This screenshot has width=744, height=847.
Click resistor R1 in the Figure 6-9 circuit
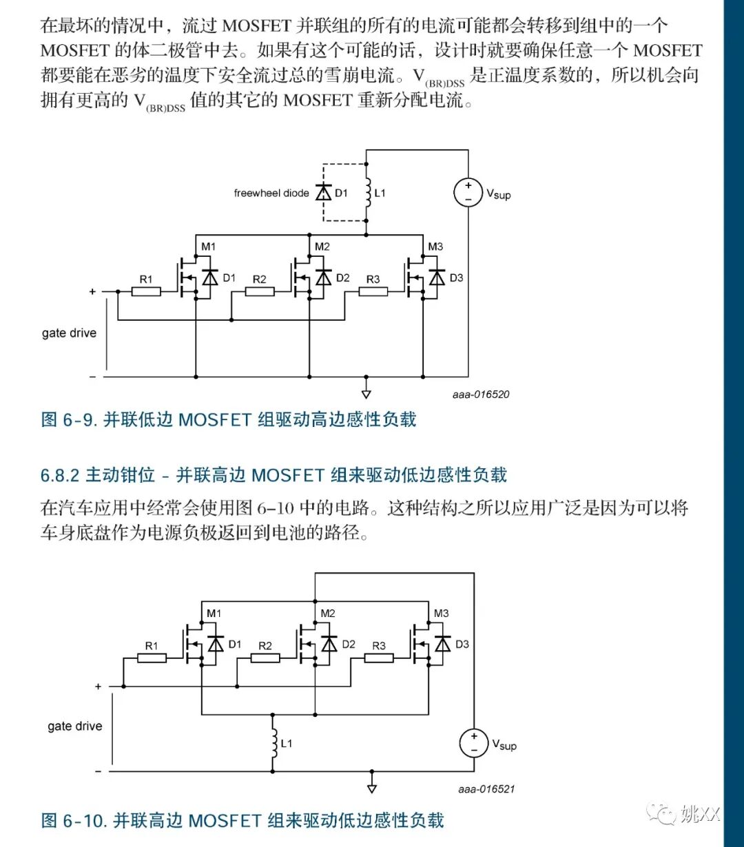coord(146,291)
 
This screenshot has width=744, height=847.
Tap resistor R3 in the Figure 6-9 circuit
coord(373,291)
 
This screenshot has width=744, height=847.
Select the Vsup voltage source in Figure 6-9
coord(468,192)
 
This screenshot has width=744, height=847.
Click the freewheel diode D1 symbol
coord(323,193)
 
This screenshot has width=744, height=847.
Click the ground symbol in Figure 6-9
coord(366,393)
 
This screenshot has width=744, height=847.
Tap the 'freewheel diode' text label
coord(271,194)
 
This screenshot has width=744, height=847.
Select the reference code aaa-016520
coord(481,395)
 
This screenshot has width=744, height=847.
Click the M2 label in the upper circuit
coord(322,247)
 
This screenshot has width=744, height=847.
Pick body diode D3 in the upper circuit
coord(437,278)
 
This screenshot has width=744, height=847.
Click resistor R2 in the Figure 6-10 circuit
coord(265,658)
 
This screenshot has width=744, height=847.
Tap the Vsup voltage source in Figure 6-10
coord(474,743)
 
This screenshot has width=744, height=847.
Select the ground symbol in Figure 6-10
coord(372,788)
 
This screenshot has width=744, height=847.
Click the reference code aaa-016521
coord(486,789)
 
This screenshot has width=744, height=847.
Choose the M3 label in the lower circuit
coord(441,614)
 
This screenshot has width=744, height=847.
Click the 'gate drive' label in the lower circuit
coord(74,726)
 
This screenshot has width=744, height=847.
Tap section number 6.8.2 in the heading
coord(60,475)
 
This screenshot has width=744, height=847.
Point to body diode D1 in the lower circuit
coord(216,645)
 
